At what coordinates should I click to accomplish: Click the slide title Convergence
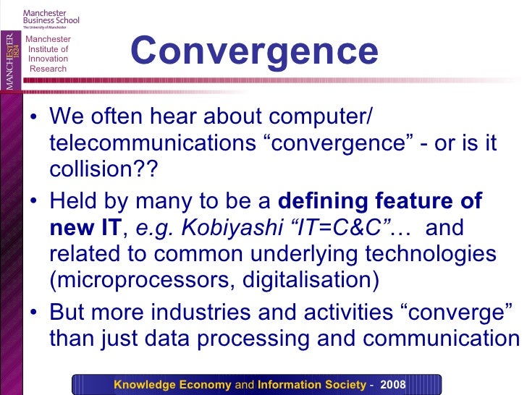[x=254, y=51]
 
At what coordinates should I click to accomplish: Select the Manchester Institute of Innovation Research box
[x=49, y=54]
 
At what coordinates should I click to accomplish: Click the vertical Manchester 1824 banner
[x=11, y=61]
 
